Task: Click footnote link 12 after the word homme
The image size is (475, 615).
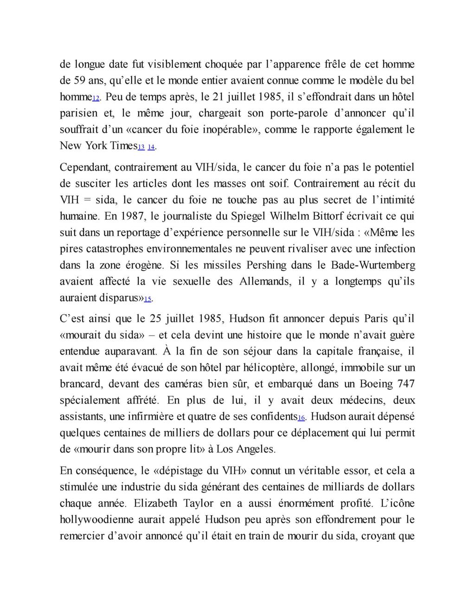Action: click(96, 99)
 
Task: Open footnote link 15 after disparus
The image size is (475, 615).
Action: click(148, 299)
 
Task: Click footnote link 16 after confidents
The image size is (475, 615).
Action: click(301, 418)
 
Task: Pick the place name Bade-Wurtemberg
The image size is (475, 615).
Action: click(373, 265)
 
